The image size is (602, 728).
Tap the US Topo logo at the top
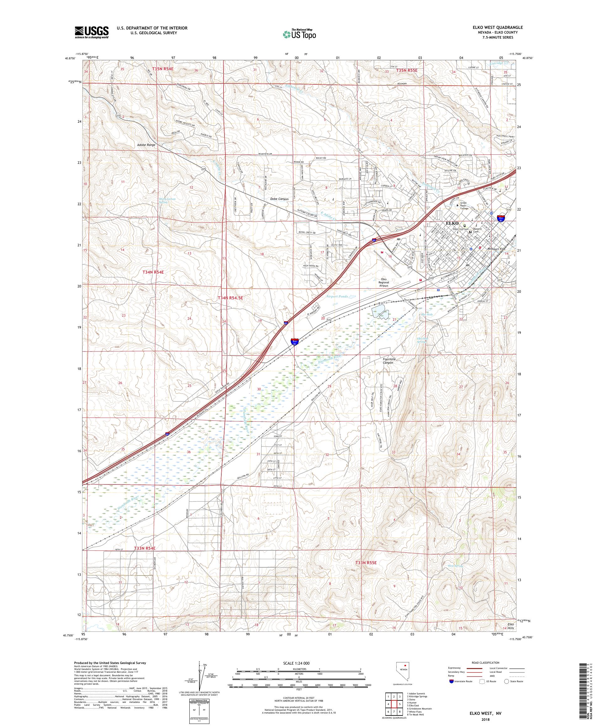click(300, 34)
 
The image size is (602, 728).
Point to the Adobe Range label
click(146, 145)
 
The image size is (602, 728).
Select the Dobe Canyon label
click(279, 199)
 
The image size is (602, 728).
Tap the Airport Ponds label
click(337, 297)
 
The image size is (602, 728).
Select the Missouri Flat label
click(496, 249)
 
